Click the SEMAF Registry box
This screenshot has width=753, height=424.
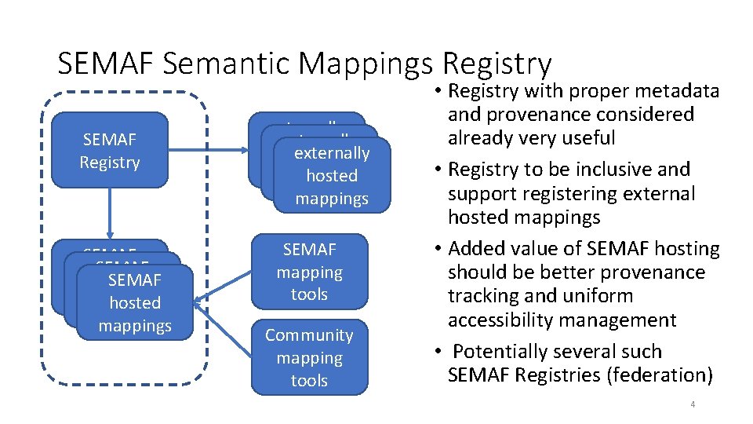109,151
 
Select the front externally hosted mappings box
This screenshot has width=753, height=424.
331,176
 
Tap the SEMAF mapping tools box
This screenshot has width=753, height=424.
309,272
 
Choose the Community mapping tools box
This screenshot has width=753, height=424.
309,357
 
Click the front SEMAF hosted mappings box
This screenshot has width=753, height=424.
135,303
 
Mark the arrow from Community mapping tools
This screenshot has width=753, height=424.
224,329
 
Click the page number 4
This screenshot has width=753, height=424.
693,404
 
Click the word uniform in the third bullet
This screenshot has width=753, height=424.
595,296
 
